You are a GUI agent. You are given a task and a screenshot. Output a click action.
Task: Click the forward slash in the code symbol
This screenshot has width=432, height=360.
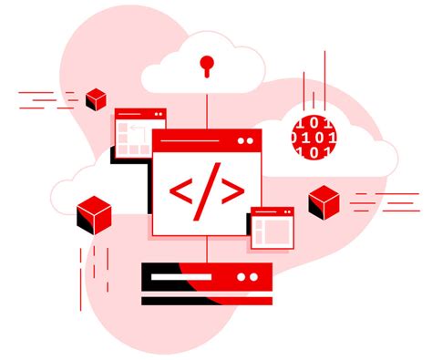point(208,190)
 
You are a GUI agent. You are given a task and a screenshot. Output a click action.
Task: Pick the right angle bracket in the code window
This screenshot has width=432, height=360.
point(233,190)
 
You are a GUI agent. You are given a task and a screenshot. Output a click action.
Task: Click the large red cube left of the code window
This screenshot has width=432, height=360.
point(94,213)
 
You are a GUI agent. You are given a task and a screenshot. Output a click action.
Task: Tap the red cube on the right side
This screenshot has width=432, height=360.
point(323,201)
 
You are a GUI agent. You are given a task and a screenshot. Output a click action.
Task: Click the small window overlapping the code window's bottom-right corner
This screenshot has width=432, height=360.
point(273,228)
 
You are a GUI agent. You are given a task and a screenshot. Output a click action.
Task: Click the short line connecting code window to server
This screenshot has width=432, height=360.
point(209,250)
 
